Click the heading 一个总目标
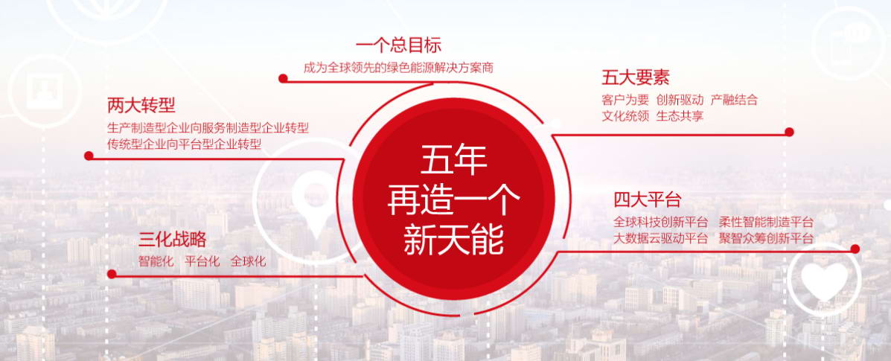[x=398, y=45]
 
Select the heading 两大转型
[x=141, y=105]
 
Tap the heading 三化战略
[x=172, y=240]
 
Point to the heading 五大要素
[x=635, y=77]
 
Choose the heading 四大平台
[x=648, y=200]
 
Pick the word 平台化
[x=202, y=261]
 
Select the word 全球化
[x=248, y=261]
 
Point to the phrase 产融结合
[x=734, y=100]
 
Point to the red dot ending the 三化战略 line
[x=112, y=274]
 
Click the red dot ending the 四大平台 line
[x=855, y=249]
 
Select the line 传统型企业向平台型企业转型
[x=184, y=144]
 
